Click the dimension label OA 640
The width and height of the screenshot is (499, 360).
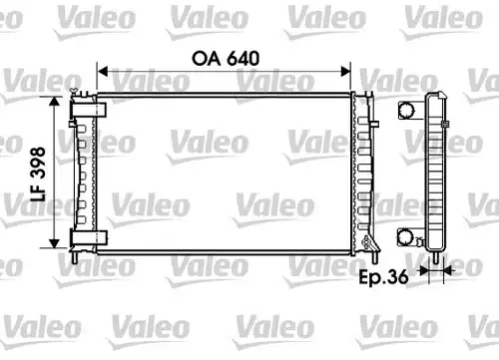226,59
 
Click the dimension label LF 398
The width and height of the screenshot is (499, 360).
38,174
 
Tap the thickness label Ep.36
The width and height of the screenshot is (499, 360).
383,277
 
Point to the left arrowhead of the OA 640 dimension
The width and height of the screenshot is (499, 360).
102,71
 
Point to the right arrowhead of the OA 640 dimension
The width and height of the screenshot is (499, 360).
345,71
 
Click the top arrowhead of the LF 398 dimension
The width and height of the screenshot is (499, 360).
54,102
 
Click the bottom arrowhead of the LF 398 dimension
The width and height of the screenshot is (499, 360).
54,243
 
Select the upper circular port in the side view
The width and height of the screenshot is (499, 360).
406,110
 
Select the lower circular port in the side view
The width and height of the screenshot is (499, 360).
405,237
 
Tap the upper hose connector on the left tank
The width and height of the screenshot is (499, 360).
88,110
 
